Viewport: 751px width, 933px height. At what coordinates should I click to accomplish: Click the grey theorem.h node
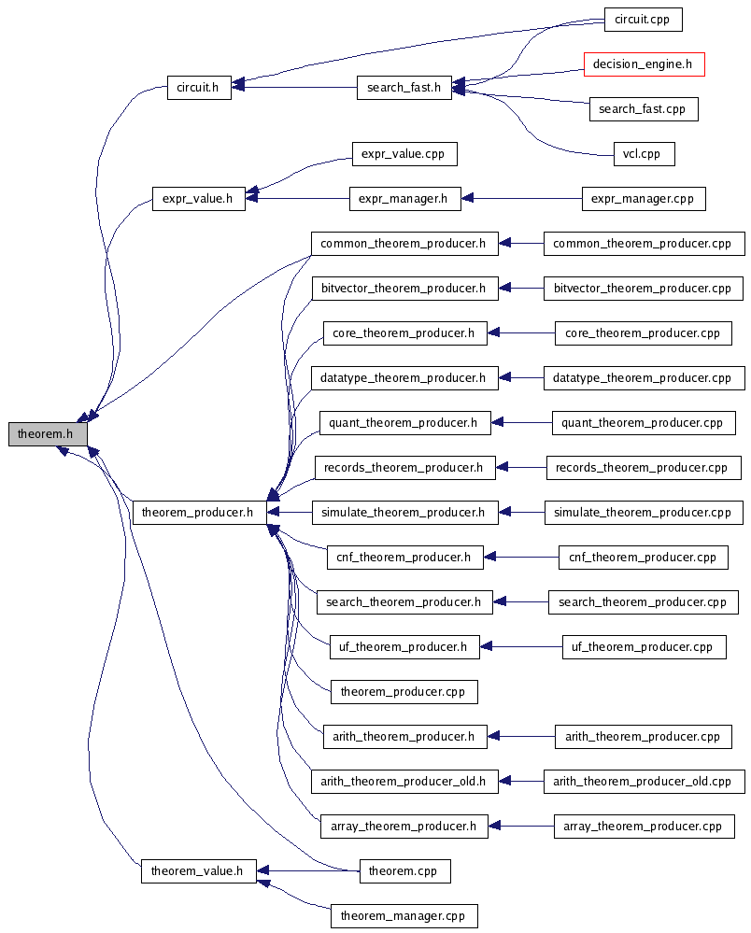click(48, 434)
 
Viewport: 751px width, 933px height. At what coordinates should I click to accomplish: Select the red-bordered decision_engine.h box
click(644, 64)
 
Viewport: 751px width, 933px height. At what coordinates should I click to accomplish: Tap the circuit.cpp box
click(643, 19)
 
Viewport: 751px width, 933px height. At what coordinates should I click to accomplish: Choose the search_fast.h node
click(404, 88)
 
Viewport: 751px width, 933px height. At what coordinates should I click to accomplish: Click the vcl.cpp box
click(643, 154)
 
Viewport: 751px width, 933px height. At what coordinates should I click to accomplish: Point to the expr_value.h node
click(198, 199)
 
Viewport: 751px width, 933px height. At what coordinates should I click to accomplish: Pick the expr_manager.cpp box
click(643, 199)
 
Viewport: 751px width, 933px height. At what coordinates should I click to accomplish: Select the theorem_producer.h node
click(198, 513)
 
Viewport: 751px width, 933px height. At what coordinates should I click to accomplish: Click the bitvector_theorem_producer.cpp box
click(643, 289)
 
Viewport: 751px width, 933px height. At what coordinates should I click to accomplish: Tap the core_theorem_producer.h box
click(404, 333)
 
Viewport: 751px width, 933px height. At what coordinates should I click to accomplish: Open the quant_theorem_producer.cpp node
click(643, 423)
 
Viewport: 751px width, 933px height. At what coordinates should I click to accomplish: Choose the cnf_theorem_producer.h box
click(404, 558)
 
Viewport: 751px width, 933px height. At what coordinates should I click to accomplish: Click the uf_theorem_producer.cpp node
click(643, 647)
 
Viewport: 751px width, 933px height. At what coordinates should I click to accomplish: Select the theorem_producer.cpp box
click(404, 692)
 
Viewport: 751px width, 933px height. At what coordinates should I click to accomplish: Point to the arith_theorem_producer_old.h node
click(404, 782)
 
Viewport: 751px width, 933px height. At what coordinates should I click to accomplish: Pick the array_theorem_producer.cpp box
click(643, 827)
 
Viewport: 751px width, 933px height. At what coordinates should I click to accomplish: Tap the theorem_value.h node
click(198, 871)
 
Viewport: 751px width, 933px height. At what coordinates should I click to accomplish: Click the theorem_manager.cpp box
click(404, 916)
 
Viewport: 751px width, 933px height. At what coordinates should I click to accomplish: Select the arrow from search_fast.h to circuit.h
click(294, 88)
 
